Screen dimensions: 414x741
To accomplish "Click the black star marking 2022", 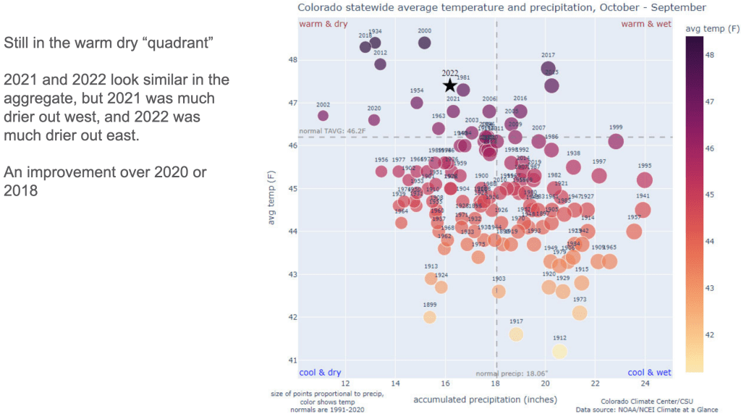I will click(449, 85).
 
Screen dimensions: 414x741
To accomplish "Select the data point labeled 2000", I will click(425, 43).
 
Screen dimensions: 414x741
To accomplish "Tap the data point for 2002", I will click(323, 116).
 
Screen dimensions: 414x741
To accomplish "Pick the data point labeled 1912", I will click(559, 351).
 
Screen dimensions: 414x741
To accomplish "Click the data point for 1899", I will click(430, 317).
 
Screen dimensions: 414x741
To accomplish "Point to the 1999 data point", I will click(616, 141).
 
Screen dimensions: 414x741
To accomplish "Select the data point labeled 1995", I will click(645, 179).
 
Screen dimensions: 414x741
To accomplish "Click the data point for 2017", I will click(548, 68).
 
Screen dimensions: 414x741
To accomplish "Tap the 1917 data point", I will click(516, 334).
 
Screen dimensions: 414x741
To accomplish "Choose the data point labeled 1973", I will click(580, 313).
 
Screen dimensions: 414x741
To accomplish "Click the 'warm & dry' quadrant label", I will click(323, 25).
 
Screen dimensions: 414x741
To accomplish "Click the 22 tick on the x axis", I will click(595, 384).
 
